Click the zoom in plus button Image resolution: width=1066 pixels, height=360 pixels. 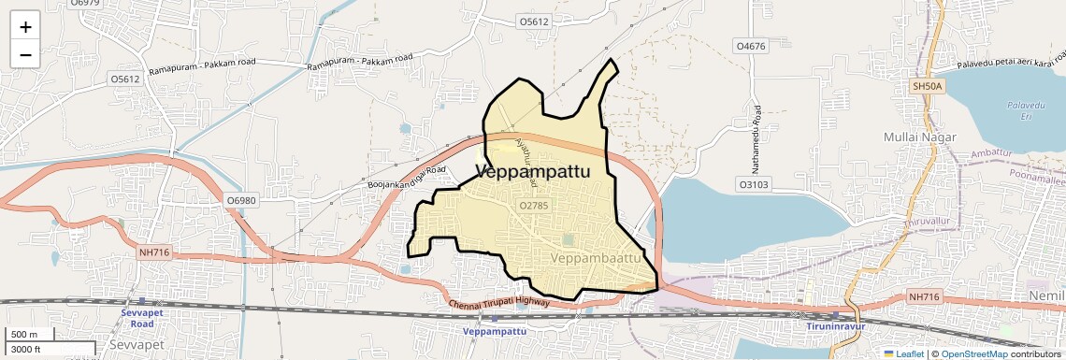25,27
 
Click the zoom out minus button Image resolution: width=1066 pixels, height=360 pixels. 25,55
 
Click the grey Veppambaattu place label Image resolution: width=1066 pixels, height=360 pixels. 596,257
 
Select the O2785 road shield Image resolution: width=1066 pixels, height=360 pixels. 533,205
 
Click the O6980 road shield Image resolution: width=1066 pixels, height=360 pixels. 240,201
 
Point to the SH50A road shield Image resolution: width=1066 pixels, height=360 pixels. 929,86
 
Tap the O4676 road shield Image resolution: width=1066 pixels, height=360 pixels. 751,46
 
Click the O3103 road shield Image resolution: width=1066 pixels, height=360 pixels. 753,185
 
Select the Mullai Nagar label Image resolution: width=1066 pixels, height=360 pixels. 919,137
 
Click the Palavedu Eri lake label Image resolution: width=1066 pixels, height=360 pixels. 1018,111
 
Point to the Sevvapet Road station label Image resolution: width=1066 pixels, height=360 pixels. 136,318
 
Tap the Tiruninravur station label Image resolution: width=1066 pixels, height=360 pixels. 837,327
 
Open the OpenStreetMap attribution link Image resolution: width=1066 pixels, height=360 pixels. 973,353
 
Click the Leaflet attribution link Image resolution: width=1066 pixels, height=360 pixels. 903,353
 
